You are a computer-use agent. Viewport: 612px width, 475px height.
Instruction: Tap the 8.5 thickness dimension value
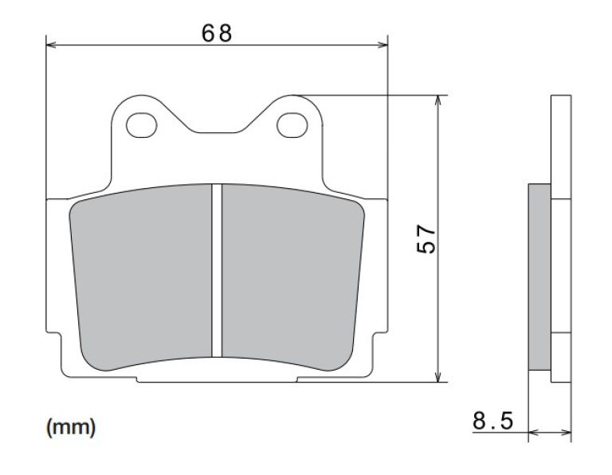[x=493, y=421]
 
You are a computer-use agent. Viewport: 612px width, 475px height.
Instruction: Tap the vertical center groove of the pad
[x=216, y=271]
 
